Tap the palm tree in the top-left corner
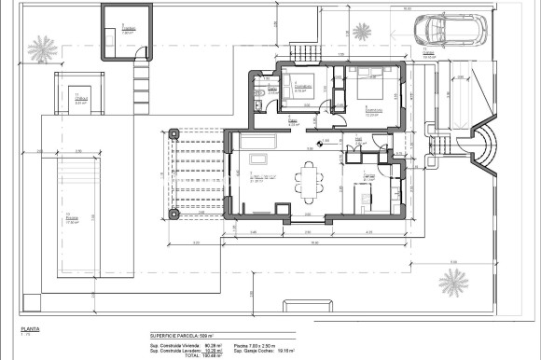(42, 46)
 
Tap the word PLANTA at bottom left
(31, 329)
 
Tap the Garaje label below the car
(428, 54)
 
